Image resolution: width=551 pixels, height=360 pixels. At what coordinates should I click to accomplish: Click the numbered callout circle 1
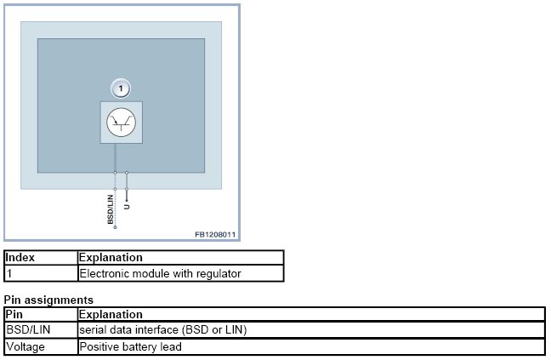pos(121,88)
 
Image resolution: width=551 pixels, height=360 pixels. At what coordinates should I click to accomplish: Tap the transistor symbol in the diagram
pos(121,123)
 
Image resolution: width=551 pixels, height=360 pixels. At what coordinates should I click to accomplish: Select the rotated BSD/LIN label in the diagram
pos(110,208)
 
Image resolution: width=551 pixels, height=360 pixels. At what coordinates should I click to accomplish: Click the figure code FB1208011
pos(214,233)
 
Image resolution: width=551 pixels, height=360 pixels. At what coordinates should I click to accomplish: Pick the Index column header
pos(20,257)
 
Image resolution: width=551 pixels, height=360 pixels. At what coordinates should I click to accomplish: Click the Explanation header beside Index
pos(111,257)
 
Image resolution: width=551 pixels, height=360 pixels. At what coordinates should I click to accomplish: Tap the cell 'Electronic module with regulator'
pos(160,274)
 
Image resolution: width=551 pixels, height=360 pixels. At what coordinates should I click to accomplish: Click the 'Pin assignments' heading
pos(48,300)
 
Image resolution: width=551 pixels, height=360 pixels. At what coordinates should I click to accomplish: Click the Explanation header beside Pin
pos(111,314)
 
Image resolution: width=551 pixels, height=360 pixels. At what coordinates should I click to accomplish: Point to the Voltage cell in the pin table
pos(26,346)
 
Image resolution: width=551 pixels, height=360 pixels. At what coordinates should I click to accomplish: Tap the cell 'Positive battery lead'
pos(131,346)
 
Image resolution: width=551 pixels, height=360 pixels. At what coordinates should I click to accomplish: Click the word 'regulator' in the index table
pos(219,274)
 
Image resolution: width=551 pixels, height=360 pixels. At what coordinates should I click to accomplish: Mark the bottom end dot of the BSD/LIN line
pos(116,228)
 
